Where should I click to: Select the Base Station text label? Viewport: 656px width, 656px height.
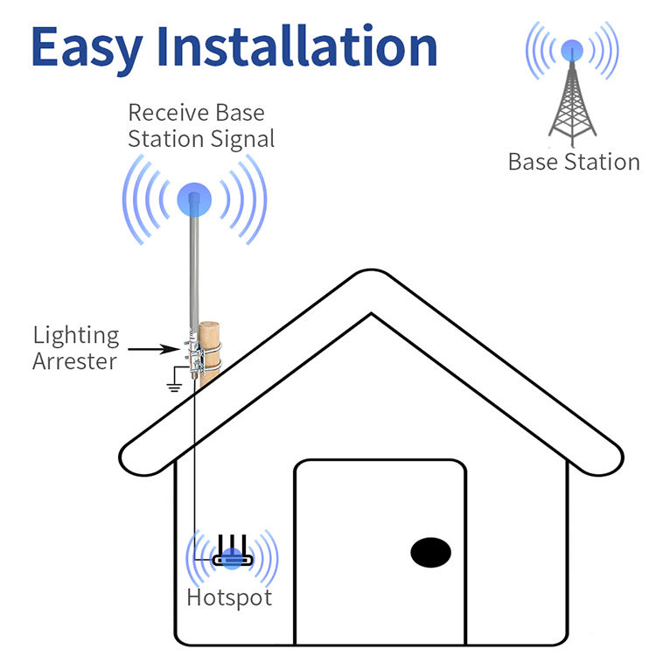(x=574, y=162)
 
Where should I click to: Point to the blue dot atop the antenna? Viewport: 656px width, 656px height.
(x=194, y=199)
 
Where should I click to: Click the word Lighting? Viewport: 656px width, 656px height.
(x=76, y=335)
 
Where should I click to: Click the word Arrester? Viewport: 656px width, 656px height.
(x=74, y=360)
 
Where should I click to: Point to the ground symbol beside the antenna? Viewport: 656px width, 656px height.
(x=174, y=382)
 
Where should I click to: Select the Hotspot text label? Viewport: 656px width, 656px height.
(x=229, y=598)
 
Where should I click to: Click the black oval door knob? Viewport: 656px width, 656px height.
(x=431, y=552)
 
